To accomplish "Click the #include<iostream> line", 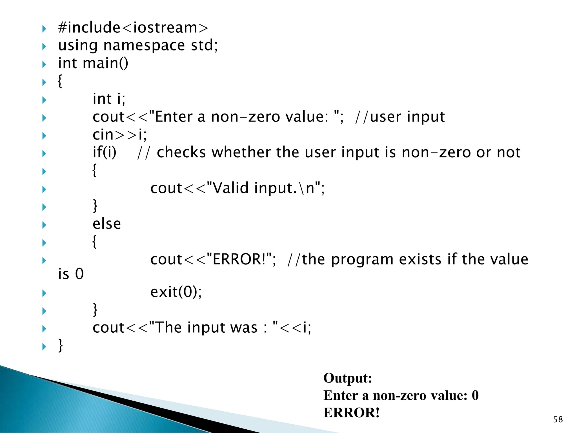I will pyautogui.click(x=133, y=28).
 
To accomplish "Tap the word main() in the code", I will pyautogui.click(x=105, y=63).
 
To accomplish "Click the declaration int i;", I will pyautogui.click(x=109, y=99).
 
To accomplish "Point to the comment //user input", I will pyautogui.click(x=400, y=117).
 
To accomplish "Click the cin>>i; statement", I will pyautogui.click(x=120, y=135).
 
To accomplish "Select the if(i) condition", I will pyautogui.click(x=105, y=153).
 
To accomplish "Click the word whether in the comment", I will pyautogui.click(x=241, y=153).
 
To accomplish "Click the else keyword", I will pyautogui.click(x=107, y=224).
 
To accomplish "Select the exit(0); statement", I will pyautogui.click(x=176, y=292).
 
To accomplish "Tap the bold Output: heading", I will pyautogui.click(x=348, y=378).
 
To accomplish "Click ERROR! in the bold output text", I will pyautogui.click(x=351, y=413).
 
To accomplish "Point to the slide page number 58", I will pyautogui.click(x=558, y=419).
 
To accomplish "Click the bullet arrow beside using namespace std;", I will pyautogui.click(x=44, y=47).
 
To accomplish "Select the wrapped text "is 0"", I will pyautogui.click(x=71, y=274).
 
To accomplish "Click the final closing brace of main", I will pyautogui.click(x=60, y=346).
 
